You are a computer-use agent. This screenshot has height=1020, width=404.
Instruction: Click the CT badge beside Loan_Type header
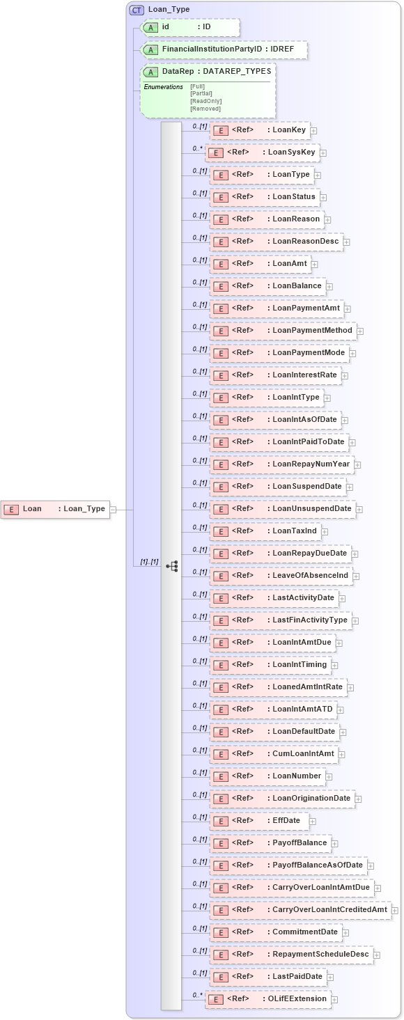tap(137, 10)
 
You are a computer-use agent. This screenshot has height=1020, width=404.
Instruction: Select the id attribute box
tap(190, 27)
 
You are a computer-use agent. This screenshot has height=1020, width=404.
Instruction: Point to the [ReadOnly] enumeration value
tap(206, 101)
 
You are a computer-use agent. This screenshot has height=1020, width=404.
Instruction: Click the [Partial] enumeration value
tap(201, 93)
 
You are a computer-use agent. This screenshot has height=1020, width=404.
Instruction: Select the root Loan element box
tap(55, 509)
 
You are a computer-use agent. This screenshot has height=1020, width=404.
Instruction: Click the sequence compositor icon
tap(171, 566)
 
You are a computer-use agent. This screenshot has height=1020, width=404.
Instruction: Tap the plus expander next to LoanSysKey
tap(323, 153)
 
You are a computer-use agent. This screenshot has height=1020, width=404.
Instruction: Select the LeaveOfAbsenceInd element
tap(281, 576)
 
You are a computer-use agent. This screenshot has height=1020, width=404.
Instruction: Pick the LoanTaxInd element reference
tap(264, 531)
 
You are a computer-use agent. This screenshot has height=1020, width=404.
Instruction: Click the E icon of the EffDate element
tap(220, 822)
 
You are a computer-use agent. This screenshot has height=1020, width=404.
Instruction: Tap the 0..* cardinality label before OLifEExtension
tap(198, 995)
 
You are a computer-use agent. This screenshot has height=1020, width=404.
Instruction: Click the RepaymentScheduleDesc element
tap(290, 955)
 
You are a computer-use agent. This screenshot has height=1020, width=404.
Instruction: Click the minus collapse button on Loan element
tap(113, 509)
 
